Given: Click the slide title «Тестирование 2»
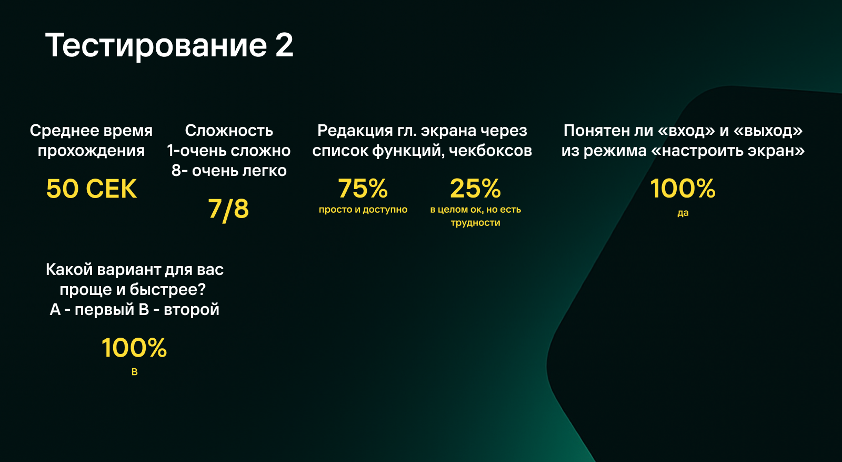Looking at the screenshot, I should coord(169,45).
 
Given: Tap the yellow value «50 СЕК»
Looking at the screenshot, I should coord(92,189).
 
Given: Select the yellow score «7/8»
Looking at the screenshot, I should coord(228,209).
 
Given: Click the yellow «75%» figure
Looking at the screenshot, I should coord(363,188).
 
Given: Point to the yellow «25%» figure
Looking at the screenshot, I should coord(475,188).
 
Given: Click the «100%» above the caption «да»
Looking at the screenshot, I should coord(683,188).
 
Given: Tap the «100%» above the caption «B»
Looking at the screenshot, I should coord(134,348).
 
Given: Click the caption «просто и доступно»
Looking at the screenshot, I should coord(363,210).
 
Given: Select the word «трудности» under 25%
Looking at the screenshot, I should coord(475,223).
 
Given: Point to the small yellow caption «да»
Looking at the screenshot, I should coord(683,213).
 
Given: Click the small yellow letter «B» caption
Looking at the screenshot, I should coord(134,372).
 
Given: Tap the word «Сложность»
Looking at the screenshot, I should coord(229,130).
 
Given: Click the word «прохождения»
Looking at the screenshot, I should coord(91,151).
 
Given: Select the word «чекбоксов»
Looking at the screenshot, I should coord(490,151).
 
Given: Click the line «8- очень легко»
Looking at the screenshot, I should coord(229,171).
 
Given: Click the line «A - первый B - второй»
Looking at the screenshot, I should coord(134,309).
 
